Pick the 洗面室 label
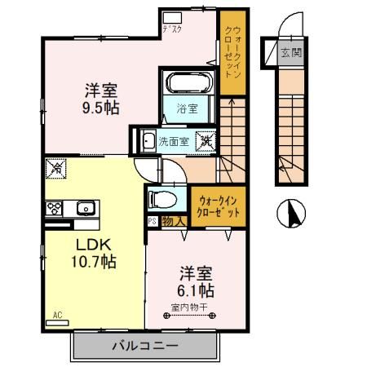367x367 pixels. (x=174, y=141)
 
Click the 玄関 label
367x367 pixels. (x=290, y=54)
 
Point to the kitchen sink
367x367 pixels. (x=85, y=208)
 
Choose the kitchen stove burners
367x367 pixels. (x=55, y=207)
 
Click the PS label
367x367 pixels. (x=153, y=220)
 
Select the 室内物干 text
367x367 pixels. (x=189, y=307)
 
